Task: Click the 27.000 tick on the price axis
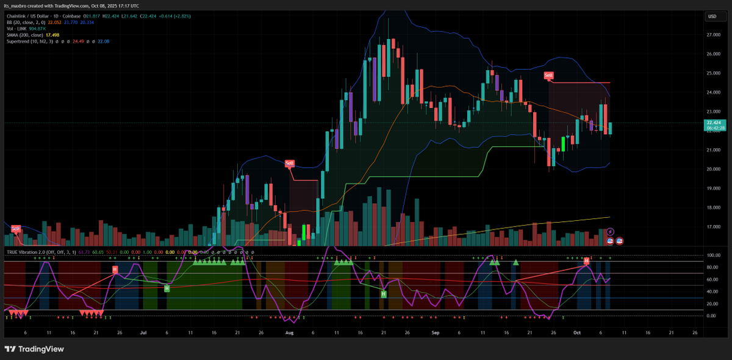(x=712, y=35)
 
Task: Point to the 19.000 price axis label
(x=712, y=189)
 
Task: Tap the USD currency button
(x=712, y=16)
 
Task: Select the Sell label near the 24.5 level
(x=549, y=75)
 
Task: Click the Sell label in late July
(x=290, y=163)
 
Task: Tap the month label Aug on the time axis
(x=289, y=333)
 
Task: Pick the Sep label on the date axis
(x=435, y=333)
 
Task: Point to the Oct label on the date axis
(x=576, y=333)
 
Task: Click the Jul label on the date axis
(x=143, y=333)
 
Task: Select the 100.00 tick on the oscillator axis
(x=712, y=255)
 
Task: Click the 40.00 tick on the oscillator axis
(x=712, y=292)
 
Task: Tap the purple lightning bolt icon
(x=610, y=232)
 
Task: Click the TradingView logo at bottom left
(x=34, y=349)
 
